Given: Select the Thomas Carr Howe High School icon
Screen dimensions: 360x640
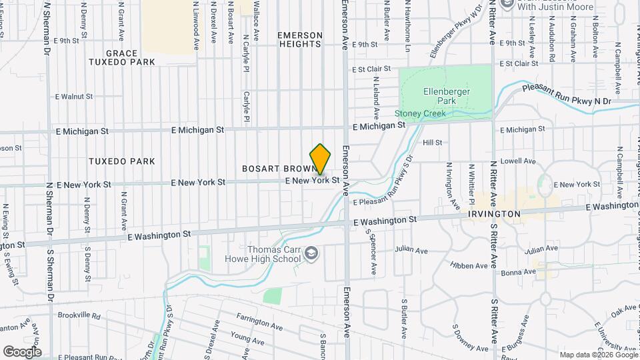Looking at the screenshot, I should tap(311, 253).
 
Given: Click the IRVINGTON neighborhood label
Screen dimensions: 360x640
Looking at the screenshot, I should tap(494, 214).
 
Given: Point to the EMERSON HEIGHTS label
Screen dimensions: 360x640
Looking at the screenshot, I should tap(300, 39).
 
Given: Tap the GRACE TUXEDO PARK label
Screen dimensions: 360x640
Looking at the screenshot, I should tap(121, 57).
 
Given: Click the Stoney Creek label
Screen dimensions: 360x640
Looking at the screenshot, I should tap(419, 113).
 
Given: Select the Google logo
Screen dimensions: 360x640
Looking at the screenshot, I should tap(22, 351).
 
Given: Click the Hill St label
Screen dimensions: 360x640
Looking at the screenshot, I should tap(432, 143).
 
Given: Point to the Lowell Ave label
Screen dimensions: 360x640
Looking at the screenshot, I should tap(523, 161).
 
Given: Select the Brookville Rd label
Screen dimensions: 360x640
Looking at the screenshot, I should tap(79, 315).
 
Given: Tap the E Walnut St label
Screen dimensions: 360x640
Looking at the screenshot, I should tap(74, 97).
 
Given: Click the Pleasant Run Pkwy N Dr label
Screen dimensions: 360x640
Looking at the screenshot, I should tap(566, 95).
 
